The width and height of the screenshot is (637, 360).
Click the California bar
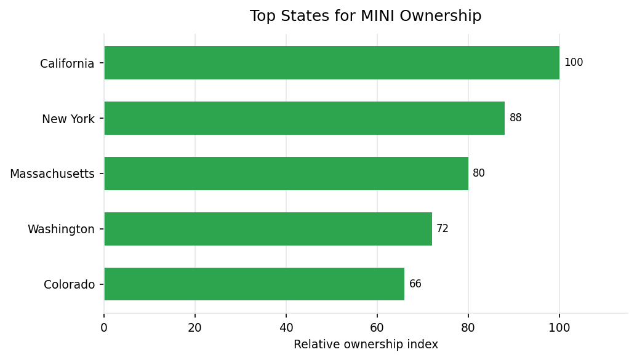(x=332, y=63)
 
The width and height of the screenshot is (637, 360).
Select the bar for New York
(x=304, y=118)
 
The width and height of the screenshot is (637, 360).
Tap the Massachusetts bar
(x=286, y=174)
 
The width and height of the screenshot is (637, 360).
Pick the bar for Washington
(x=268, y=229)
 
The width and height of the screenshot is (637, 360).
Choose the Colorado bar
(x=254, y=284)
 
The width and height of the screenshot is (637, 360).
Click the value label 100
(x=574, y=63)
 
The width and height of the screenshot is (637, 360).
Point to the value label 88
(x=516, y=118)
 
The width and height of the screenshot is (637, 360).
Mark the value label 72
(x=443, y=229)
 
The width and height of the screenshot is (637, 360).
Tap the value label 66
(x=415, y=284)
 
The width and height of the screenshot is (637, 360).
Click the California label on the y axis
(x=67, y=63)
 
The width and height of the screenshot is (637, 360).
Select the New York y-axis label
(x=68, y=119)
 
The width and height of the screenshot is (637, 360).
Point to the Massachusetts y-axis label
(x=52, y=174)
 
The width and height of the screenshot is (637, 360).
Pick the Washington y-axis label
(x=61, y=230)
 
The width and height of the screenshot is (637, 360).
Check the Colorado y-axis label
(x=69, y=285)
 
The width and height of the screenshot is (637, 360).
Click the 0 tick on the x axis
(x=104, y=328)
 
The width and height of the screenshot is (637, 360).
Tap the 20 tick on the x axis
(x=195, y=328)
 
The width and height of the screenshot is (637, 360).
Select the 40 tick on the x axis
(x=286, y=328)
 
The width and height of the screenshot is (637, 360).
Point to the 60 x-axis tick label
(x=377, y=328)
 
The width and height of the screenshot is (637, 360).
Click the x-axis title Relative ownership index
(x=366, y=345)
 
